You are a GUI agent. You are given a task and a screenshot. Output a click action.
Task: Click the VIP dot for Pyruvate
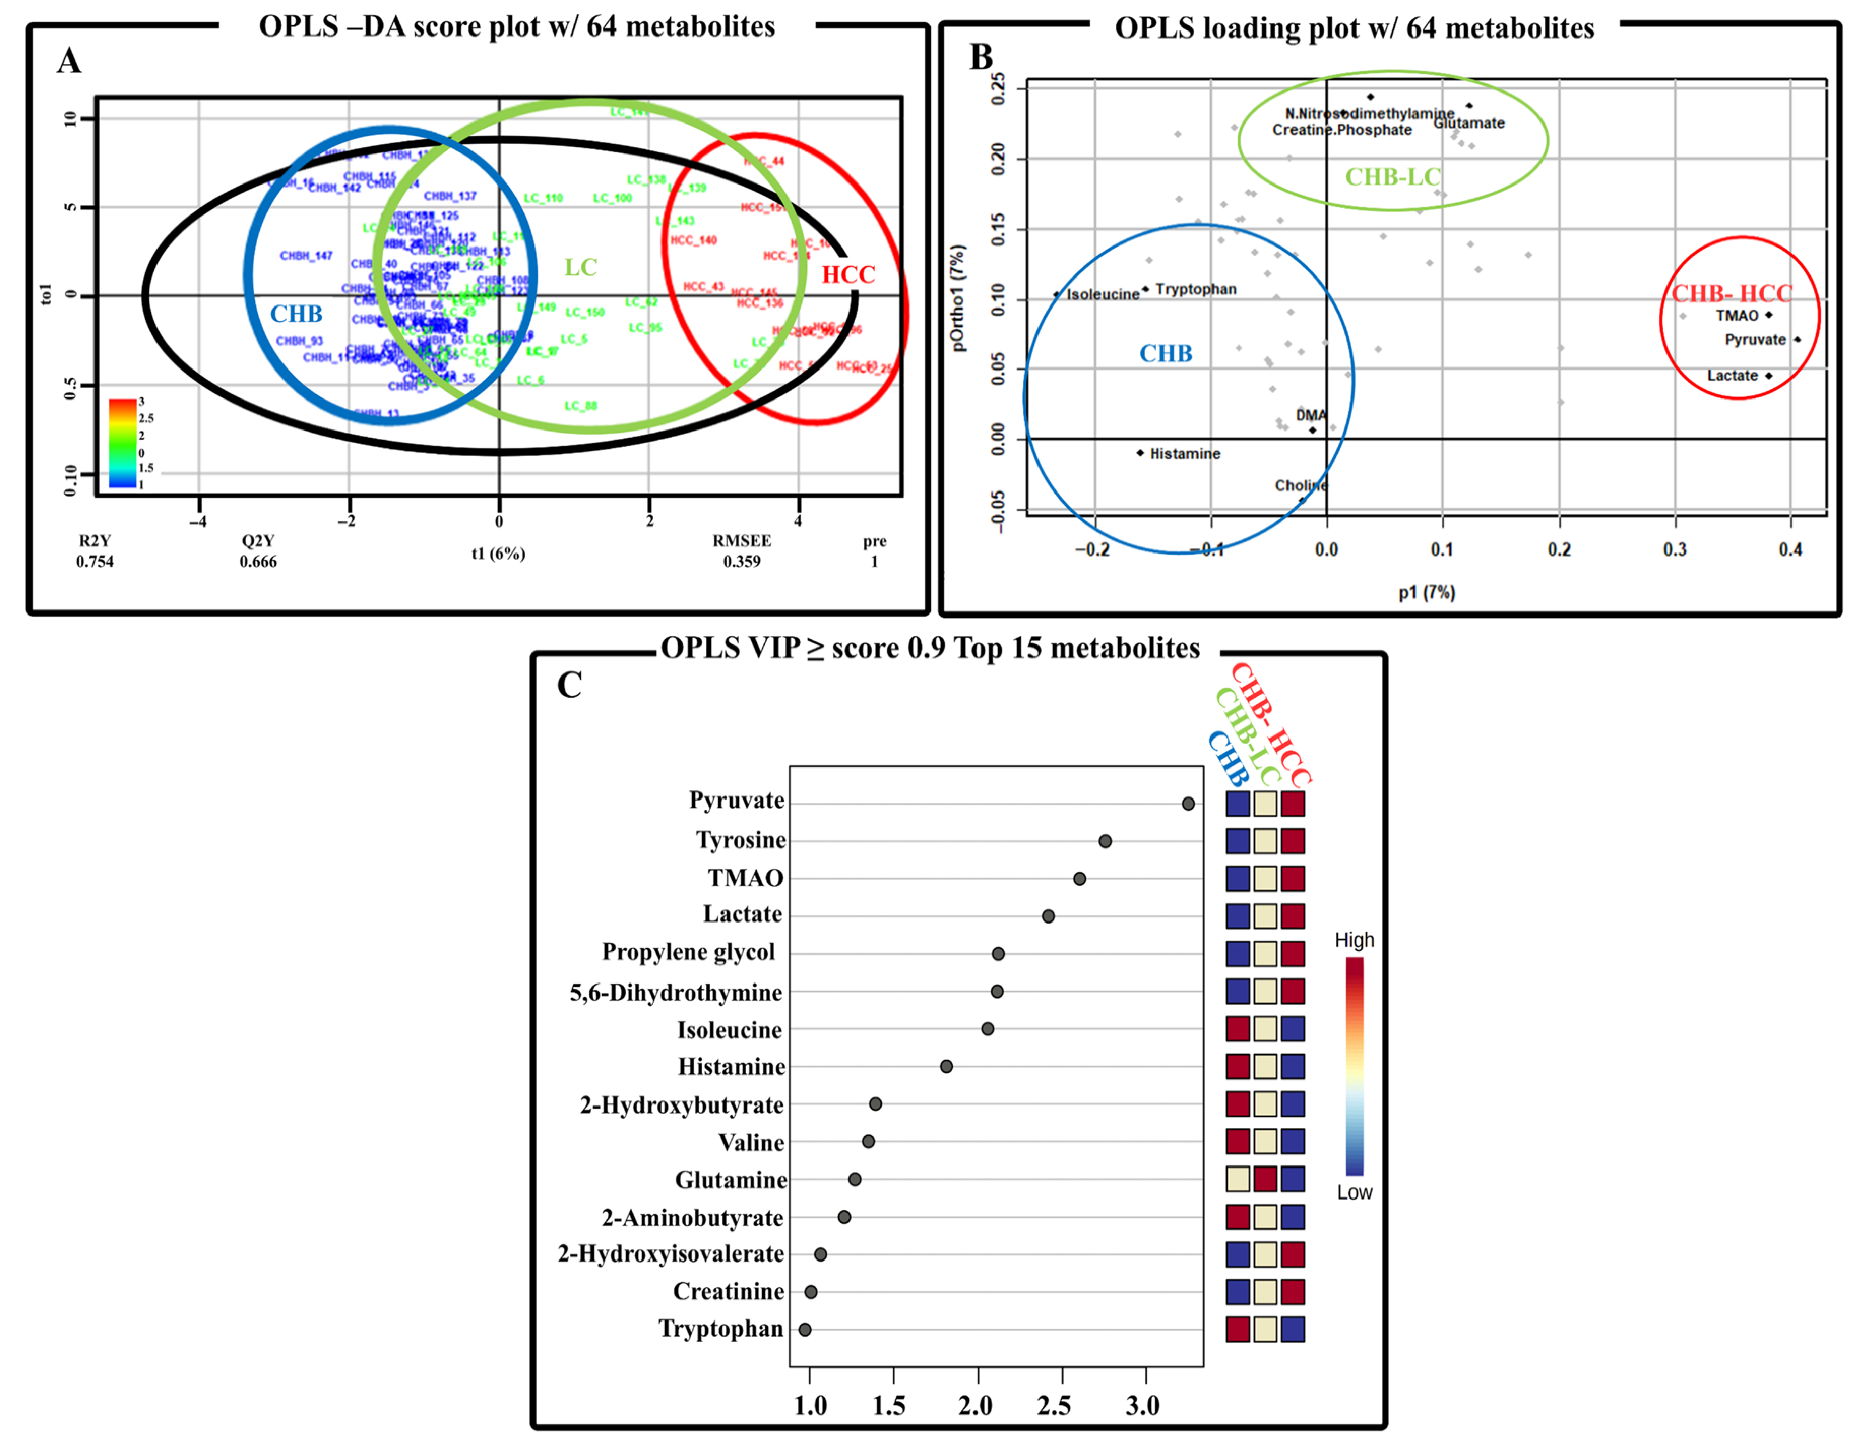(1188, 803)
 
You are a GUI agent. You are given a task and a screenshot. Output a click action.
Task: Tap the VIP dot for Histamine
(946, 1066)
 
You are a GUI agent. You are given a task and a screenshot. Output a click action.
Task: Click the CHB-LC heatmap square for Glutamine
(1265, 1179)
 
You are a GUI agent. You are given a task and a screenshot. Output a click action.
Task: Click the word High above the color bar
(1354, 940)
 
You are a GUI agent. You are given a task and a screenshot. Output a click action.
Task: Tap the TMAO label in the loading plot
(1736, 315)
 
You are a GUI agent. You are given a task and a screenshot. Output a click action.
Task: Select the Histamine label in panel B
(1185, 454)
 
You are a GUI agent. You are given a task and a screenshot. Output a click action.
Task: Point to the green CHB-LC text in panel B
(1392, 177)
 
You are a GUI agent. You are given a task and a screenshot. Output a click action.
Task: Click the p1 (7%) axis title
(1427, 592)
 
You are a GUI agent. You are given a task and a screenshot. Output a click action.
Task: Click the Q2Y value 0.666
(258, 561)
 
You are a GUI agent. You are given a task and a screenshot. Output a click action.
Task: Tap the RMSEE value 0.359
(741, 561)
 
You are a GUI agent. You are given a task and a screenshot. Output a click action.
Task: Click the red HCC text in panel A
(847, 274)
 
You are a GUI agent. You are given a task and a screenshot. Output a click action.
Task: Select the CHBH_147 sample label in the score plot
(306, 255)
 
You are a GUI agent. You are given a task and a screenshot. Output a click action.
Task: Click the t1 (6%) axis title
(498, 554)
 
